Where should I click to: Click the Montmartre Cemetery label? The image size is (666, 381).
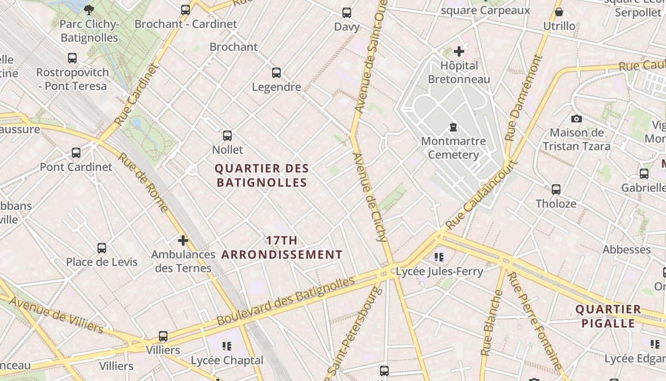[453, 148]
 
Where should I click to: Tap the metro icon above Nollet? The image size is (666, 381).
[227, 136]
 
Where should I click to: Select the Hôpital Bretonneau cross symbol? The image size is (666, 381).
[459, 51]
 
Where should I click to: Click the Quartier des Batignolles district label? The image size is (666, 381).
[262, 175]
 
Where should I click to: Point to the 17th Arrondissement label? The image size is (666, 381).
[282, 248]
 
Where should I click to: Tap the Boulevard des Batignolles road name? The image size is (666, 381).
[285, 301]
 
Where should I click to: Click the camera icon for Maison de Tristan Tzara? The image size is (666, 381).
[577, 119]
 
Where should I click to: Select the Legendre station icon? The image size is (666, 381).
[276, 73]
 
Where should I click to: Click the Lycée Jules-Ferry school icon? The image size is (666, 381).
[439, 257]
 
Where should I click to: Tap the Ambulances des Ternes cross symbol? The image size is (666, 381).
[183, 241]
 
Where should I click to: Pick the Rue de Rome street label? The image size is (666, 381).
[143, 182]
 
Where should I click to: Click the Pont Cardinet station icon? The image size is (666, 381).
[76, 153]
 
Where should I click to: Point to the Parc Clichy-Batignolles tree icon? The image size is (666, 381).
[88, 9]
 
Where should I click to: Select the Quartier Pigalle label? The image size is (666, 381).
[608, 316]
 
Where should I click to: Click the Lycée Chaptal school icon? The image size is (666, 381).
[227, 346]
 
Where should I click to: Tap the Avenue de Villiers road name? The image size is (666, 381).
[56, 315]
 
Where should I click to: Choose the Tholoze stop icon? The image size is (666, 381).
[556, 190]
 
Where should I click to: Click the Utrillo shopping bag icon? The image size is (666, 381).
[559, 12]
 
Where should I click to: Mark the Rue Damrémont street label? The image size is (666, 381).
[523, 98]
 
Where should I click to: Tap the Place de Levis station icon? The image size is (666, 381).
[102, 248]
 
